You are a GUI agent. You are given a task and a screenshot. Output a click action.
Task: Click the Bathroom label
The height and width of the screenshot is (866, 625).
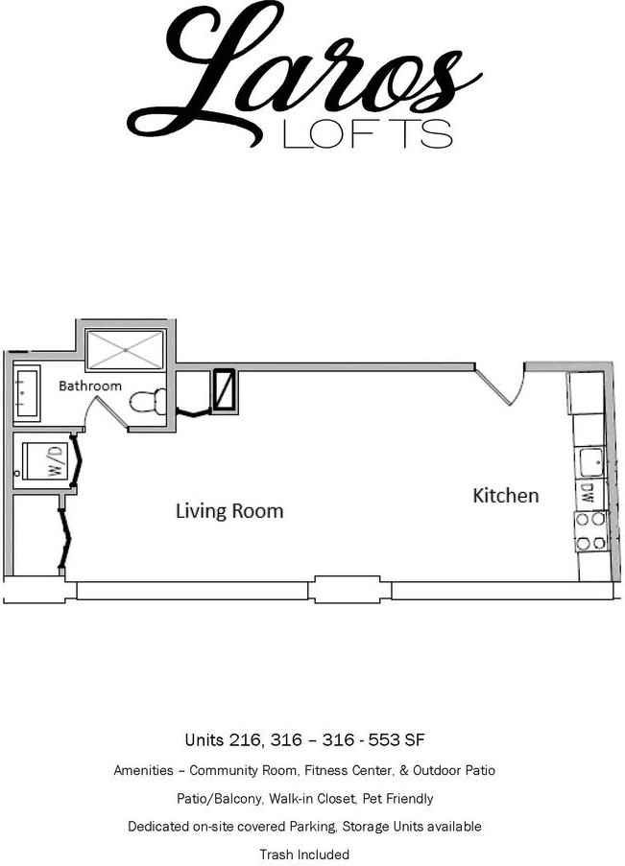coord(90,386)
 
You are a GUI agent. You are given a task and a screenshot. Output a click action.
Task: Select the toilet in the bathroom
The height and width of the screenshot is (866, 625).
coord(147,402)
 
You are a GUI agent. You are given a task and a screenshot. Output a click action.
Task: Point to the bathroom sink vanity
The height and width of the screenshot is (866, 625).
coord(26,393)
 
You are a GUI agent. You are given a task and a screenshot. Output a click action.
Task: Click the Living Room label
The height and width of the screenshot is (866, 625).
coord(228,510)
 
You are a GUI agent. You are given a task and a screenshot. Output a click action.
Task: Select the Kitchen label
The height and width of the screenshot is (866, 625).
coord(505,496)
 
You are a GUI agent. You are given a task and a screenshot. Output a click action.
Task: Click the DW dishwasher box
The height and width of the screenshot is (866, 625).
coord(588,494)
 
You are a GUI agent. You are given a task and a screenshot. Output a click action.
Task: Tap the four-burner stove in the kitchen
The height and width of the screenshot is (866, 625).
coord(589,531)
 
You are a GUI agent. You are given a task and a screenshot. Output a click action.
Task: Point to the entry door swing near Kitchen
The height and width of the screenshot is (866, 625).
coord(504,384)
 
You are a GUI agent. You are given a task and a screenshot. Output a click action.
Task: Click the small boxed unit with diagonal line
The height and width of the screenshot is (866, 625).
coord(224,389)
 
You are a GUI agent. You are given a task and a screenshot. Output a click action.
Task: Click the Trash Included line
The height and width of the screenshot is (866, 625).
coord(304,854)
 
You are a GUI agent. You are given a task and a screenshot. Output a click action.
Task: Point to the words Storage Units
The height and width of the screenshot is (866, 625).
coord(377,826)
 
